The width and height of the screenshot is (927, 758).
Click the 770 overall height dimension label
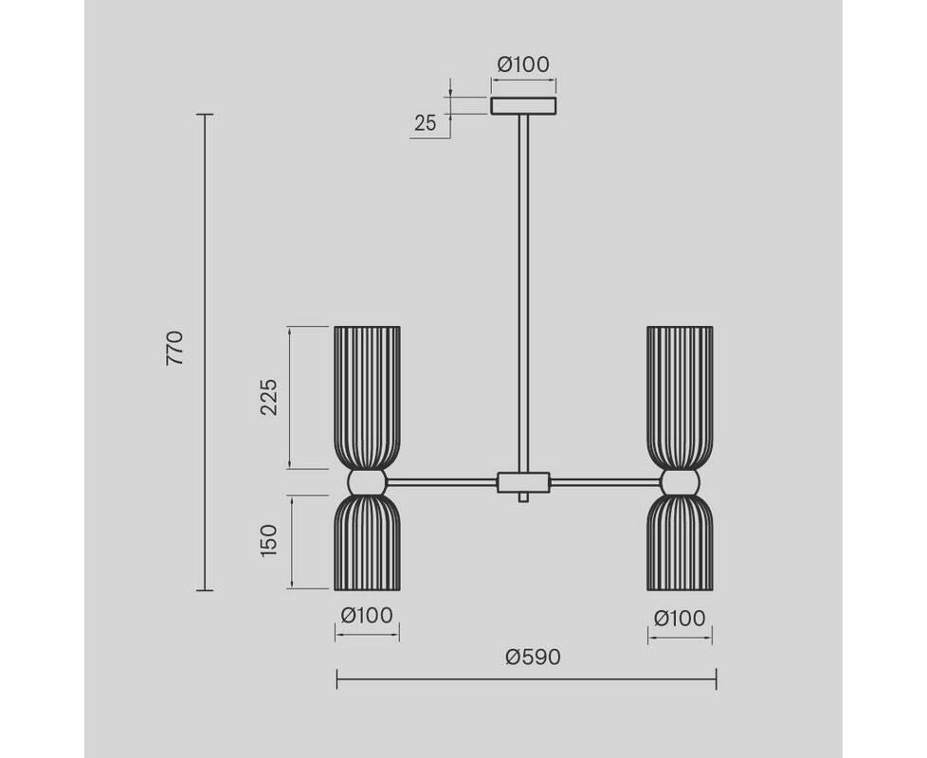click(175, 348)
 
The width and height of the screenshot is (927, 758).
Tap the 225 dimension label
click(268, 397)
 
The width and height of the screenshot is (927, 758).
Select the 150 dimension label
click(268, 541)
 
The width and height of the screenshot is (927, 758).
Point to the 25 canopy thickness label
click(425, 123)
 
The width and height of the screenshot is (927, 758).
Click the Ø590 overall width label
click(534, 657)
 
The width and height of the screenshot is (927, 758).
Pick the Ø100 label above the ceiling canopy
click(523, 63)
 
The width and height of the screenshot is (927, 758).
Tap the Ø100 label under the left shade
click(367, 616)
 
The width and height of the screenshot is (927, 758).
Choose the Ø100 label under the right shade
click(680, 619)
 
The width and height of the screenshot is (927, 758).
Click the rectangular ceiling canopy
click(523, 106)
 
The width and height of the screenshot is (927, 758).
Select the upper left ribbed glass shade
click(367, 398)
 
